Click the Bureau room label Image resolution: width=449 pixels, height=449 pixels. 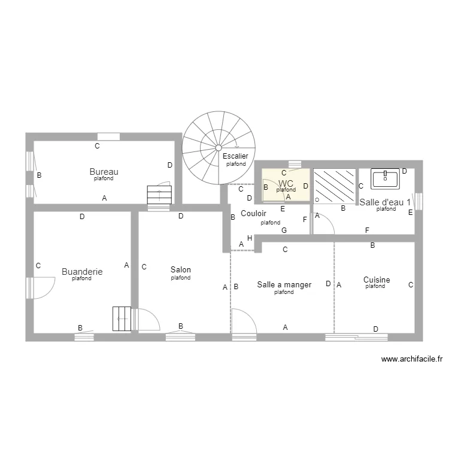click(104, 171)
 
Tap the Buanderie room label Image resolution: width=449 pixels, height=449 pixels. click(82, 271)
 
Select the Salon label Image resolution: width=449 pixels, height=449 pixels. click(181, 270)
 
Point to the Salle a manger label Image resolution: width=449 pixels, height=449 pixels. click(284, 285)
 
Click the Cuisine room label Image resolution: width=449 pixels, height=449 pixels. click(376, 280)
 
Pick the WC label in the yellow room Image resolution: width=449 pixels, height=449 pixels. click(286, 183)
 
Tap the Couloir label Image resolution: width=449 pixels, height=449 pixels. click(253, 213)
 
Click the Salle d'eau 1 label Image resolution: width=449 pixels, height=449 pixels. click(385, 202)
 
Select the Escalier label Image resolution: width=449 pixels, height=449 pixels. click(235, 156)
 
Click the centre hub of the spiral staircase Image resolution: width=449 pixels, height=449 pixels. click(219, 147)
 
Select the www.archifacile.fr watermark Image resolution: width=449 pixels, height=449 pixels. click(412, 359)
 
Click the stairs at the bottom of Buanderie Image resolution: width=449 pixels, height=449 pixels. click(122, 318)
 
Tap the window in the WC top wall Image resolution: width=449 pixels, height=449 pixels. click(294, 164)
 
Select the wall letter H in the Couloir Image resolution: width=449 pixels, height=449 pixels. click(250, 238)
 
